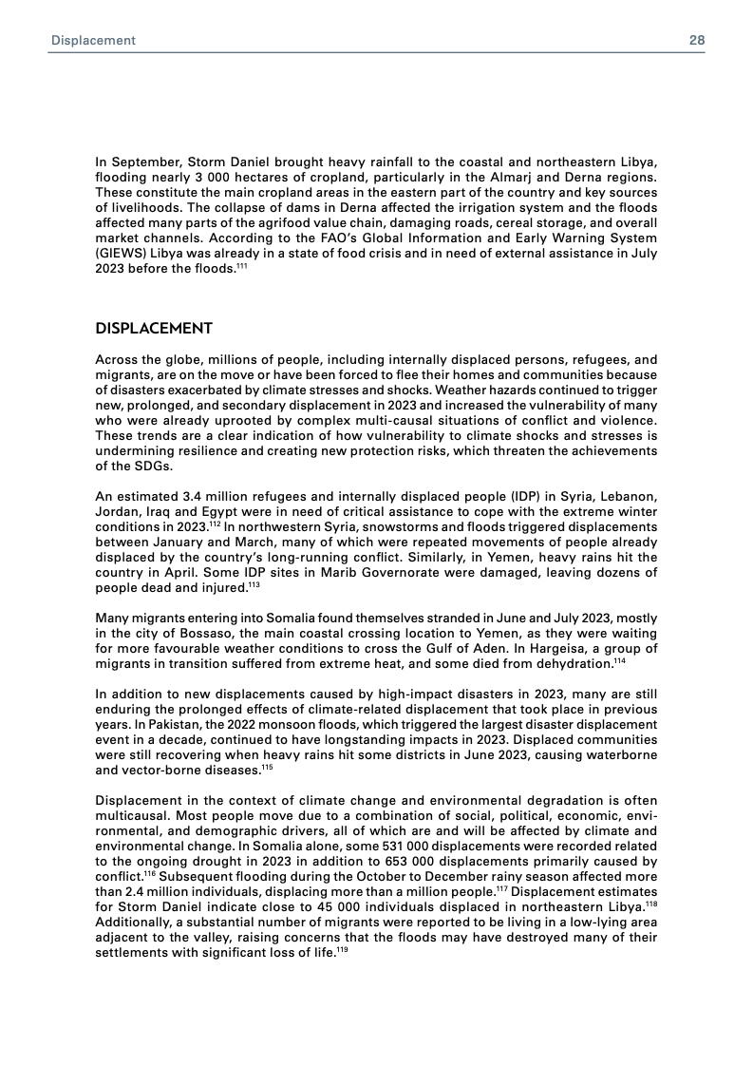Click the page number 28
point(696,41)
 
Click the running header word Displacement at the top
point(93,41)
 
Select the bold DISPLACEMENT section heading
point(154,329)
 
